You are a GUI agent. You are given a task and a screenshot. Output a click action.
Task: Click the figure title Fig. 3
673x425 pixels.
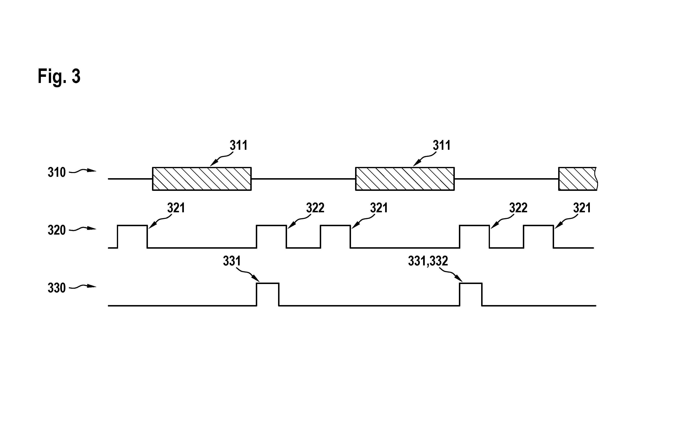pos(59,76)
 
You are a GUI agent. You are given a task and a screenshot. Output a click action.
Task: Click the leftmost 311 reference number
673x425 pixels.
pos(239,145)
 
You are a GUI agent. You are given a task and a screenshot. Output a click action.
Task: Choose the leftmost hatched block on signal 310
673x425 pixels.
pos(202,179)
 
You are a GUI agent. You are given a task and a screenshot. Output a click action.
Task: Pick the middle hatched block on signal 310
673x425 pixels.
pos(405,179)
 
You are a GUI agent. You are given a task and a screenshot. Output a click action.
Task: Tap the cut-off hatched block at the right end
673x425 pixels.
pos(578,179)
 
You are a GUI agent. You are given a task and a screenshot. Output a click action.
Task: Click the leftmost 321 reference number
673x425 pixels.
pos(176,208)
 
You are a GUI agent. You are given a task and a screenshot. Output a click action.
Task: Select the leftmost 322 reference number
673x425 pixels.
pos(315,208)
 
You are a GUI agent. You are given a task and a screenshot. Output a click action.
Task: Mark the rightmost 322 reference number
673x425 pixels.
pos(518,208)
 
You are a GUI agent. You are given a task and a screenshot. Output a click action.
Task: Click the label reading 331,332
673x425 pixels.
pos(428,261)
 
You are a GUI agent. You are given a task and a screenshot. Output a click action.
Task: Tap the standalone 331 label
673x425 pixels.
pos(232,261)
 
